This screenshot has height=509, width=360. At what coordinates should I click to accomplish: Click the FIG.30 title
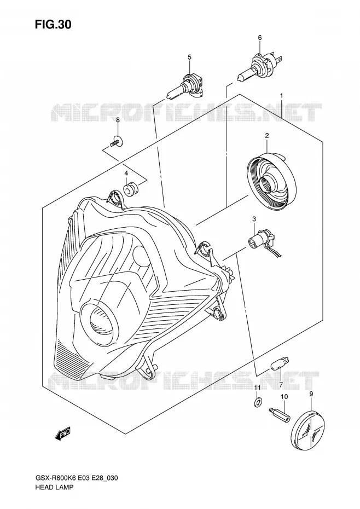coord(53,25)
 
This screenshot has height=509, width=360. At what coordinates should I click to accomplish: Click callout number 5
coord(190,57)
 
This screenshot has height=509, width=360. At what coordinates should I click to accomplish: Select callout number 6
coord(260,38)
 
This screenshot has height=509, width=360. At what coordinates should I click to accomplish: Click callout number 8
coord(118,120)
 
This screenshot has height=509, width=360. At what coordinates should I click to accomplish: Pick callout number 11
coord(257,387)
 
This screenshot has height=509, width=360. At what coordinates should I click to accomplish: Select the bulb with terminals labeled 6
coord(258,67)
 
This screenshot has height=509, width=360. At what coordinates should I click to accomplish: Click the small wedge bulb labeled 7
coord(278,367)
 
